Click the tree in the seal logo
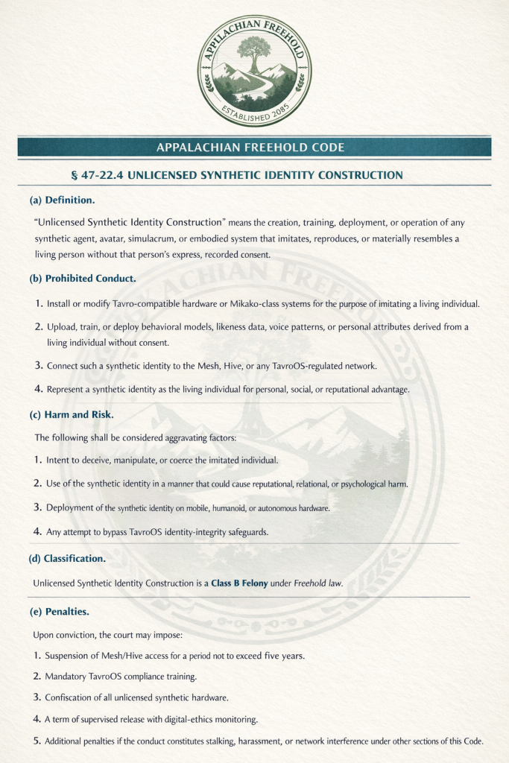click(x=253, y=54)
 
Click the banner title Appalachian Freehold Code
click(x=250, y=148)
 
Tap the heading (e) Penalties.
click(x=60, y=612)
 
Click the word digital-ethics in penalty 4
click(x=203, y=719)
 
